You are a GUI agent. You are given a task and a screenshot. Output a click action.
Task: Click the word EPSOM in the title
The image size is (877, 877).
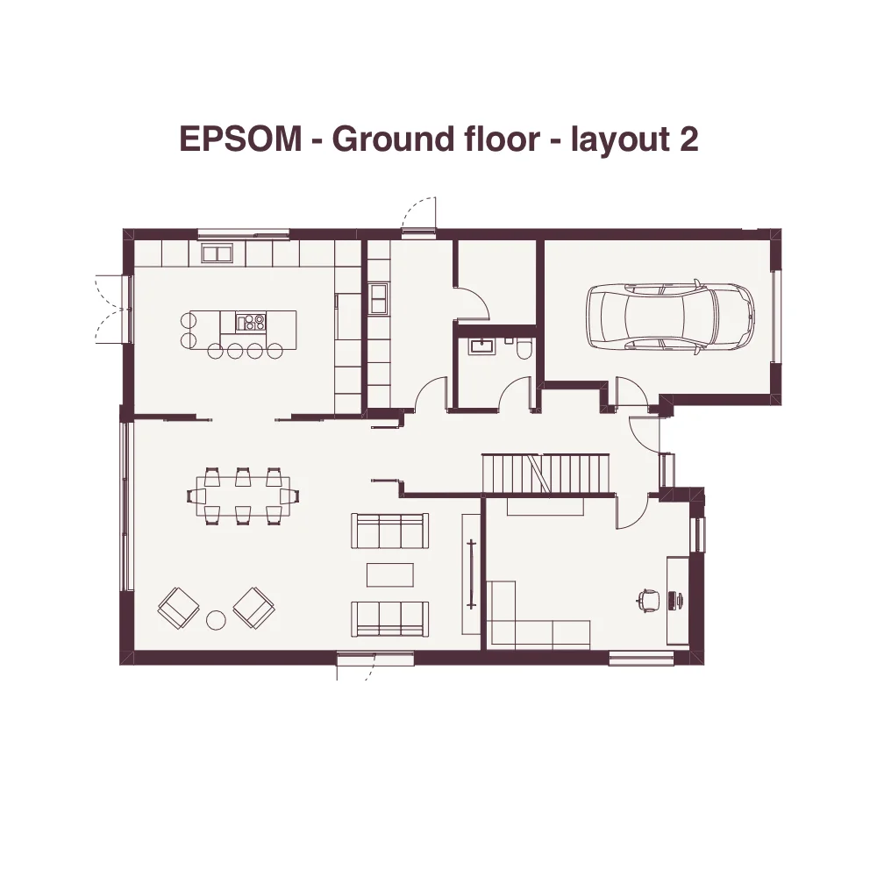pyautogui.click(x=240, y=139)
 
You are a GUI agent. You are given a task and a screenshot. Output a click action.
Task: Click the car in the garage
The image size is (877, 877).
pyautogui.click(x=670, y=317)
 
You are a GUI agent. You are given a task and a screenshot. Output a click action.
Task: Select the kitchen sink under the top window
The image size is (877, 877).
pyautogui.click(x=217, y=253)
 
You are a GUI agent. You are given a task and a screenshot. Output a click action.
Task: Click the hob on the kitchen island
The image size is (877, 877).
pyautogui.click(x=251, y=322)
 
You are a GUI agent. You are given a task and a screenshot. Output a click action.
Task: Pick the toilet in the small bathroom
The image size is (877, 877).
pyautogui.click(x=524, y=349)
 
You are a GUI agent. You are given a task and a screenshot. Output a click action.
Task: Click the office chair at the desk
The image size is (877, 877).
pyautogui.click(x=648, y=600)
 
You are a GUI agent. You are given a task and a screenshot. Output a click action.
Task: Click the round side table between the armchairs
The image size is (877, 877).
pyautogui.click(x=216, y=620)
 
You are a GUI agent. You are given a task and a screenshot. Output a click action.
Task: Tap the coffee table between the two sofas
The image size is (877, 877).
pyautogui.click(x=390, y=575)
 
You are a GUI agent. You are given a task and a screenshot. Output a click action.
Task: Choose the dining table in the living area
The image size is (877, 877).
pyautogui.click(x=243, y=496)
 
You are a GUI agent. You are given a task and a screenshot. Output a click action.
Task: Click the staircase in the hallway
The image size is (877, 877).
pyautogui.click(x=545, y=474)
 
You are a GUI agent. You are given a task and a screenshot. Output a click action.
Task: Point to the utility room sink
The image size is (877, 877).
pyautogui.click(x=379, y=298)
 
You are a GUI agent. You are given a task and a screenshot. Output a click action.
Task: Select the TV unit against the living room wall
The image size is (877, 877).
pyautogui.click(x=471, y=574)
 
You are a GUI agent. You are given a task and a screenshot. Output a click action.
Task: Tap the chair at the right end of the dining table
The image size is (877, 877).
pyautogui.click(x=289, y=496)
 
